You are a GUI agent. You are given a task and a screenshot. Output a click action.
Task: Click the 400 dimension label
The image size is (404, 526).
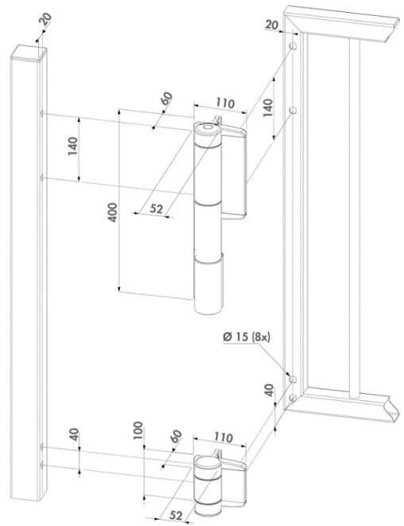pyautogui.click(x=113, y=212)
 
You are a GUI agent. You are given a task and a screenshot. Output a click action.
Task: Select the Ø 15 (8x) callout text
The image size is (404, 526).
pyautogui.click(x=246, y=337)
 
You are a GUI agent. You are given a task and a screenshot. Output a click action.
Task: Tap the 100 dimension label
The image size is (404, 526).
pyautogui.click(x=138, y=431)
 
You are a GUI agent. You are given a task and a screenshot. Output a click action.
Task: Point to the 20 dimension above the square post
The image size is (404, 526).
pyautogui.click(x=46, y=20)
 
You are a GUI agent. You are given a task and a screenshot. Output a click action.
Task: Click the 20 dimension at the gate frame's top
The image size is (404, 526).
pyautogui.click(x=271, y=25)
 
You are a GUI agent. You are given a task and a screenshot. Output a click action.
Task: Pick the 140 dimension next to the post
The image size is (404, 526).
pyautogui.click(x=72, y=146)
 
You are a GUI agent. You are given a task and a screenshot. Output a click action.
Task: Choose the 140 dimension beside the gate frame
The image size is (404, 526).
pyautogui.click(x=268, y=107)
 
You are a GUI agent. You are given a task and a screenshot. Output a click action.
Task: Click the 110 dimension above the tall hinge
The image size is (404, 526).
pyautogui.click(x=224, y=103)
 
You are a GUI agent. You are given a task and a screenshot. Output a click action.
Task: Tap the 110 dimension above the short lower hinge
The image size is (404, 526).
pyautogui.click(x=223, y=438)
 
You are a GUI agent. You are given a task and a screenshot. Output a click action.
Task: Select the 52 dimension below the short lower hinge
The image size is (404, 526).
pyautogui.click(x=175, y=516)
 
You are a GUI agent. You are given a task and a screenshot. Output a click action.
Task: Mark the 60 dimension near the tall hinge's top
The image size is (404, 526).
pyautogui.click(x=167, y=98)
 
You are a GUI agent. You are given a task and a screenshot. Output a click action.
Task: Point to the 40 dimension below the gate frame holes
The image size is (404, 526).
pyautogui.click(x=270, y=390)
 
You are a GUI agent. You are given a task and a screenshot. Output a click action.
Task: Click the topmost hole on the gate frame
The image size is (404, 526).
pyautogui.click(x=293, y=46)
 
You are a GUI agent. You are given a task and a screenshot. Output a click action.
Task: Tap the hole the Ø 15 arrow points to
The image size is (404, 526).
pyautogui.click(x=293, y=380)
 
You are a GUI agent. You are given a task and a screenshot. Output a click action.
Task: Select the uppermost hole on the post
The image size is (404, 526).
pyautogui.click(x=42, y=114)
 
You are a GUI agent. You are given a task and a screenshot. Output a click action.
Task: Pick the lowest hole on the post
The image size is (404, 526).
pyautogui.click(x=42, y=465)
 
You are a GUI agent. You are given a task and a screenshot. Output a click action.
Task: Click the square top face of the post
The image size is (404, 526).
pyautogui.click(x=29, y=53)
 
